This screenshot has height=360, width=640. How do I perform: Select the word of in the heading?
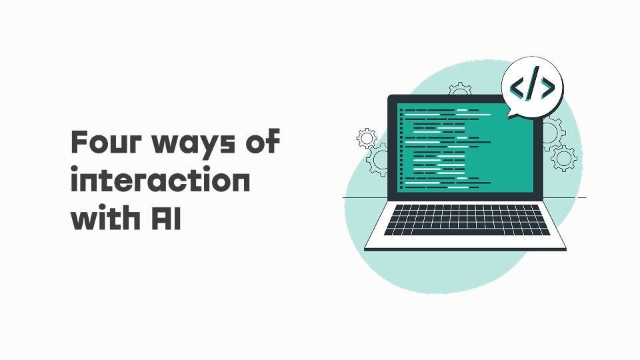(x=263, y=141)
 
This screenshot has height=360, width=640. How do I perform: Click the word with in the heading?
(x=105, y=217)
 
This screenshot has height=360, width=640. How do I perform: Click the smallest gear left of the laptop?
(x=367, y=139)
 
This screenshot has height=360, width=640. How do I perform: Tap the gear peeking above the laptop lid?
(x=460, y=89)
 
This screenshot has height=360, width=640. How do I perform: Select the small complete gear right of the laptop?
(x=564, y=159)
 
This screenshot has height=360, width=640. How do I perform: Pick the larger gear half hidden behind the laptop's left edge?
(x=377, y=159)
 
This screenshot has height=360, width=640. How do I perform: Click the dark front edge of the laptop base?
(x=465, y=249)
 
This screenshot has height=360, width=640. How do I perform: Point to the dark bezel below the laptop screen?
(x=465, y=196)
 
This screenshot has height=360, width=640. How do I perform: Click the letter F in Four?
(x=79, y=141)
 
